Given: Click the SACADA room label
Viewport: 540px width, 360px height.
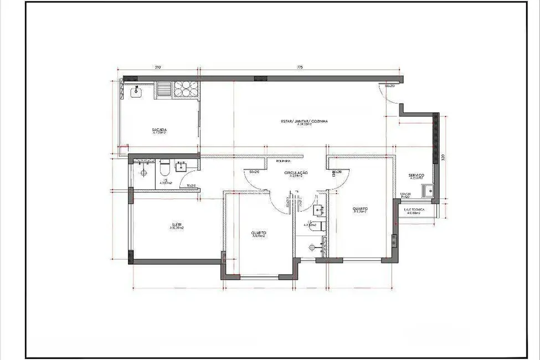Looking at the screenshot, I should (160, 131).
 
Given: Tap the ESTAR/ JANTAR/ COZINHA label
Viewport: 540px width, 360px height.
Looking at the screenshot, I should (304, 121).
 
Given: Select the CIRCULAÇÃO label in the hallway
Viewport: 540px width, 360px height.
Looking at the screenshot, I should (296, 173).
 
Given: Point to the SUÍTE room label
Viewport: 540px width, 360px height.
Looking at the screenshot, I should (176, 225).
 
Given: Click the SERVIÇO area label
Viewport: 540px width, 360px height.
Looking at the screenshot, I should (417, 176).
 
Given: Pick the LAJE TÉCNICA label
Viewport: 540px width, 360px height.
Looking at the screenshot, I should (414, 210).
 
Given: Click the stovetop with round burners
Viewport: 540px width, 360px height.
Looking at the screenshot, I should (184, 89).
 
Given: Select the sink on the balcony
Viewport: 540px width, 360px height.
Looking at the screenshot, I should (137, 91).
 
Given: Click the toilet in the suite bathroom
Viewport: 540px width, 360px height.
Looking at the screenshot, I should (164, 167).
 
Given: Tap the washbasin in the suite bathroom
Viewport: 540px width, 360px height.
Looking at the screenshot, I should (182, 166).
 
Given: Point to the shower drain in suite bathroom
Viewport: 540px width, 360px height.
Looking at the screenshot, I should (144, 173).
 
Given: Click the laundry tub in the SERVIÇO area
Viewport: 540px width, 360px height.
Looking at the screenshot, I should (427, 191).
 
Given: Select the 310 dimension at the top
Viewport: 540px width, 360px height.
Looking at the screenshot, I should (157, 67).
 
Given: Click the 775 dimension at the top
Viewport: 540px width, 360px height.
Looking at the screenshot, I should (299, 67).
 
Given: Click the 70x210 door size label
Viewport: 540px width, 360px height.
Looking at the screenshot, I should (191, 186).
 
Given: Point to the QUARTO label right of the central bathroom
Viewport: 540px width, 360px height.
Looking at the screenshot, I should (360, 209).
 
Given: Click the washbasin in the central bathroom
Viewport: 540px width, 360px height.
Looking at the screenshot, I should (318, 210).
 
